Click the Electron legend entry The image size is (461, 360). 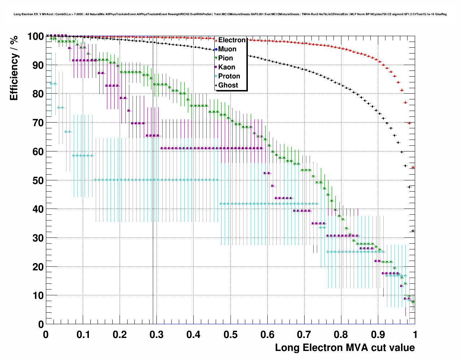(232, 40)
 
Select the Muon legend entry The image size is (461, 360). (227, 49)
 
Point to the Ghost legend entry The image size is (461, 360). (228, 85)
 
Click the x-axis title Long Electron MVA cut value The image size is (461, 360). (345, 348)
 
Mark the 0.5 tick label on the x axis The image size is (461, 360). (230, 335)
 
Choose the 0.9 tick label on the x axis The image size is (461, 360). (378, 335)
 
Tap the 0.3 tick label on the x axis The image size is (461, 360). (156, 335)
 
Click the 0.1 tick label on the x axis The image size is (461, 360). (83, 335)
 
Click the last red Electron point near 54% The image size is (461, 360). (413, 167)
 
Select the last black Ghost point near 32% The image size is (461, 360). (413, 231)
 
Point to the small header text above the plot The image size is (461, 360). (230, 14)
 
